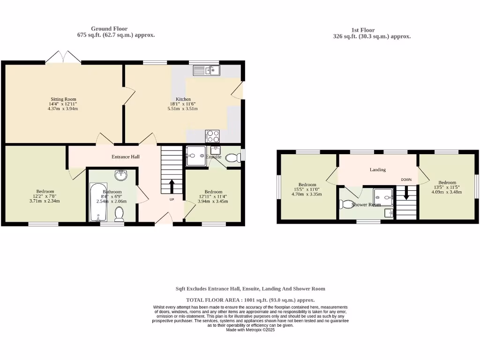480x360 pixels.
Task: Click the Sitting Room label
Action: click(63, 99)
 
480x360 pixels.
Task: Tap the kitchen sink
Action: click(207, 70)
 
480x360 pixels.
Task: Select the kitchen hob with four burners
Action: click(212, 136)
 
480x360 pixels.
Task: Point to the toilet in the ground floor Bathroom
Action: click(119, 214)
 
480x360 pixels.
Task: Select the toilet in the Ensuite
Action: click(232, 158)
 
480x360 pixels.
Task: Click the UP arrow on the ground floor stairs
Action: click(172, 187)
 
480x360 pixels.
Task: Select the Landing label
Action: click(377, 170)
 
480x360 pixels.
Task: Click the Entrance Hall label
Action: click(125, 157)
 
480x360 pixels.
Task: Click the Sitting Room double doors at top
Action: click(63, 57)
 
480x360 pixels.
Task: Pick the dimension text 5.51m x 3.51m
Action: click(182, 109)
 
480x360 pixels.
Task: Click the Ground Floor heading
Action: click(109, 29)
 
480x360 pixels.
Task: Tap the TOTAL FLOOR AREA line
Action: click(250, 300)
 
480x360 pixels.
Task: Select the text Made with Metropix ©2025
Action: click(250, 330)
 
